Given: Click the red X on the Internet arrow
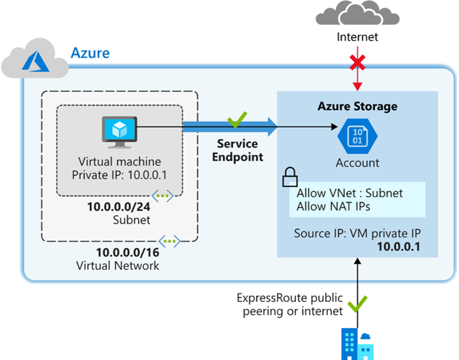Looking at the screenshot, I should click(358, 62).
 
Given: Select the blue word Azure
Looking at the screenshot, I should click(91, 53).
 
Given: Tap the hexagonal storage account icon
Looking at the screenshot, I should click(358, 136).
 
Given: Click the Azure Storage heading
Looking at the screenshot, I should click(358, 106).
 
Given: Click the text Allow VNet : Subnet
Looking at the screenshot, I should click(350, 194).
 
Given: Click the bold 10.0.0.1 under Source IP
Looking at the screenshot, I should click(399, 246).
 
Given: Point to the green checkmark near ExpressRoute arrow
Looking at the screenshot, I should click(358, 303).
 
